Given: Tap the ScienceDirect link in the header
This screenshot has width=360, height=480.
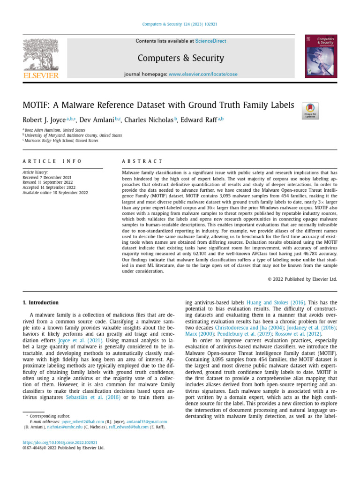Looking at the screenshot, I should point(210,41).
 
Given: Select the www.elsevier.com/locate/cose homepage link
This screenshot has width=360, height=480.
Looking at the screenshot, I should point(203,74).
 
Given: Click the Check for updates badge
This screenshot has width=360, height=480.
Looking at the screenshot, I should point(310,111).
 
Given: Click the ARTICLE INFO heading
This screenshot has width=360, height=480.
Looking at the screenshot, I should point(52,161).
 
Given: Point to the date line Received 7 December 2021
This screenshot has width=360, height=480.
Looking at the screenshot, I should point(47,177).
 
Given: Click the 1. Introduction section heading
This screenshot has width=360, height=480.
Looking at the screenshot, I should point(41,303).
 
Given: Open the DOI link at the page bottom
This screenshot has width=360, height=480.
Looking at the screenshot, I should point(60,442).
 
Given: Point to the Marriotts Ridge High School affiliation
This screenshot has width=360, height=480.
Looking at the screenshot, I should point(61,141).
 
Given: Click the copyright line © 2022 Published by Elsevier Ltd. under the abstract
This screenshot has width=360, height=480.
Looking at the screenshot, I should point(302,279).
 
